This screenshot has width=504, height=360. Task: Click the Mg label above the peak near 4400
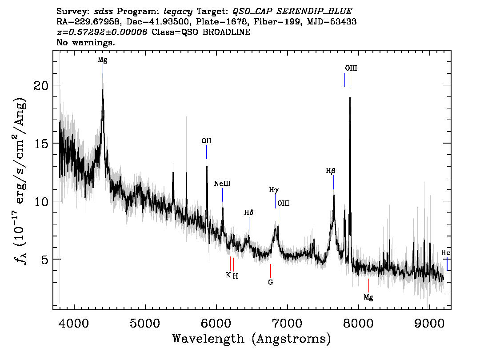click(103, 60)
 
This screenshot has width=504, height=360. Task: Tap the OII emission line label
click(206, 141)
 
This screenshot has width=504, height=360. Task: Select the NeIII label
click(222, 184)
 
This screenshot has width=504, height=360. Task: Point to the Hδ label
click(249, 213)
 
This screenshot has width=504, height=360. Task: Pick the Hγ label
click(274, 190)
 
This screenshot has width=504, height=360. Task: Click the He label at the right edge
click(446, 253)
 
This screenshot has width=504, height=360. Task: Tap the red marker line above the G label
click(270, 270)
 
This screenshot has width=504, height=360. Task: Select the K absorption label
click(228, 275)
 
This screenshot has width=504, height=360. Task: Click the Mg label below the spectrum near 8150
click(368, 297)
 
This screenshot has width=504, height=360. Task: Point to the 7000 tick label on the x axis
click(287, 321)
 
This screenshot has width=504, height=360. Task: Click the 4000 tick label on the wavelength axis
click(74, 321)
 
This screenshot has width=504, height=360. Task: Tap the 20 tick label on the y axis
click(41, 85)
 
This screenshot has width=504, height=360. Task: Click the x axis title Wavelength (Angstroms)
click(252, 339)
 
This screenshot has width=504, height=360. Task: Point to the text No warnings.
click(86, 43)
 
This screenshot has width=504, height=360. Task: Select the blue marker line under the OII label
click(207, 152)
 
